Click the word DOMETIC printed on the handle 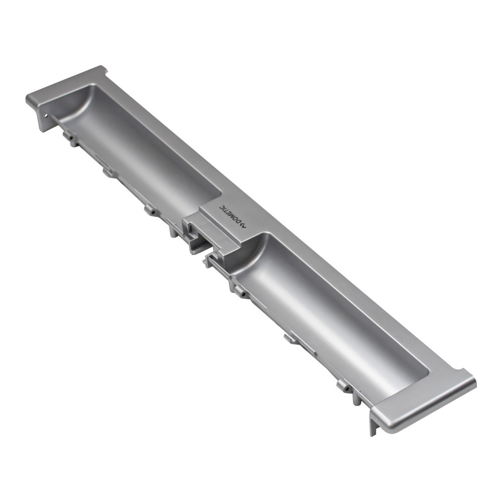230,215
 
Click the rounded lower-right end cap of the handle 427,402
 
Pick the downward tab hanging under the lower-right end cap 373,424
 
